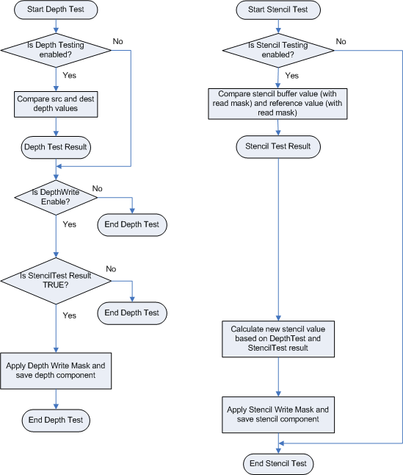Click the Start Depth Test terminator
tap(56, 10)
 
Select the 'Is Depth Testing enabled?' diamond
tap(56, 50)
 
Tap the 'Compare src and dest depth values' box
tap(56, 104)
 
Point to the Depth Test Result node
tap(56, 146)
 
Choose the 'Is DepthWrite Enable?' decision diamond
tap(56, 197)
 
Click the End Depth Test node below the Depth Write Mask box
tap(56, 421)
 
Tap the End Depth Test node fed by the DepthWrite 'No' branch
tap(132, 224)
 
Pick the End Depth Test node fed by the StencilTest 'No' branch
tap(132, 312)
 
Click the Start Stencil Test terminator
tap(278, 10)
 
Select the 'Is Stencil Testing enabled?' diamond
tap(278, 50)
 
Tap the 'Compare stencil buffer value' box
tap(278, 104)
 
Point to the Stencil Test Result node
tap(278, 146)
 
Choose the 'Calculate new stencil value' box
tap(278, 338)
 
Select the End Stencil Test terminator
tap(278, 463)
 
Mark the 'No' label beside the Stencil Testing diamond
tap(341, 41)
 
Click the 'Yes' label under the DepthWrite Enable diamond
tap(70, 224)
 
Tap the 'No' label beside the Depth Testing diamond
tap(117, 41)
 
